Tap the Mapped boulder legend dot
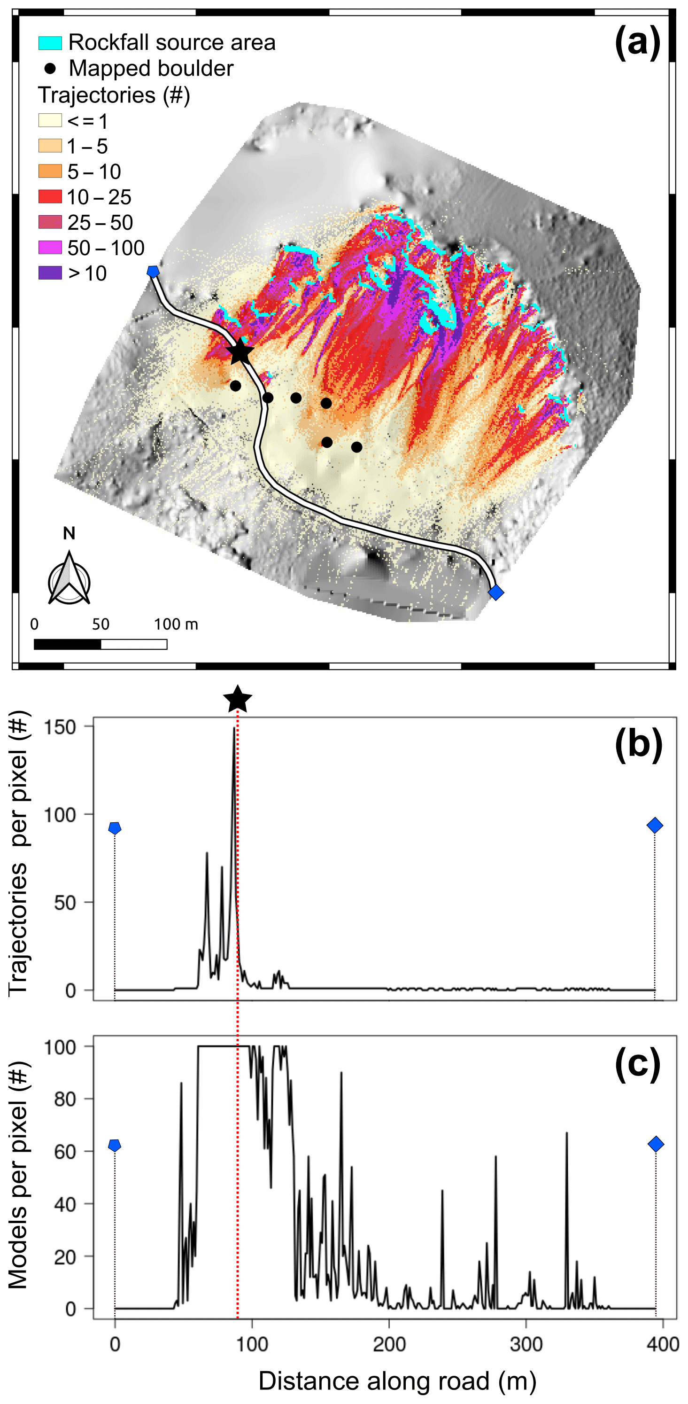pos(50,69)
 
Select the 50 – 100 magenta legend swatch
pos(50,248)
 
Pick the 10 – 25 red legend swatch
pos(50,197)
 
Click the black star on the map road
pos(240,352)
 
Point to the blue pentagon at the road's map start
pos(153,272)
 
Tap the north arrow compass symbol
pos(69,579)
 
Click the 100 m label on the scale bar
pos(175,624)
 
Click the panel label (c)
pos(637,1064)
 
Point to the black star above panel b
pos(238,699)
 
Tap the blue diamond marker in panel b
pos(655,825)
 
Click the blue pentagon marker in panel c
pos(115,1145)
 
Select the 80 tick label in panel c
pos(65,1100)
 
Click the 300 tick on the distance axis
pos(526,1344)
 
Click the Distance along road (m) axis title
pos(397,1381)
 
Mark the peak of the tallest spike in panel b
pos(234,728)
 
